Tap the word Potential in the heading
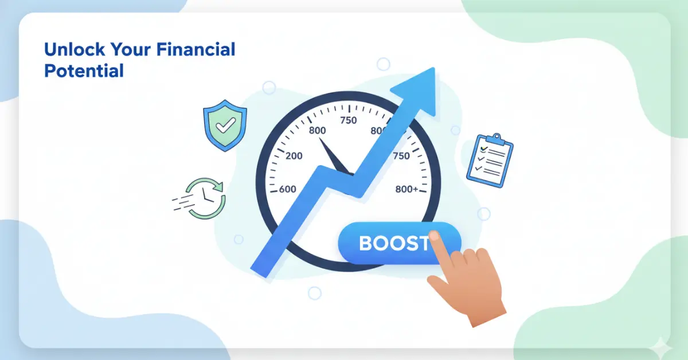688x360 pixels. pos(84,71)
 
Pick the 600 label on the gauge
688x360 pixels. pos(287,189)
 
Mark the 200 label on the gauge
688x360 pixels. pos(294,156)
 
